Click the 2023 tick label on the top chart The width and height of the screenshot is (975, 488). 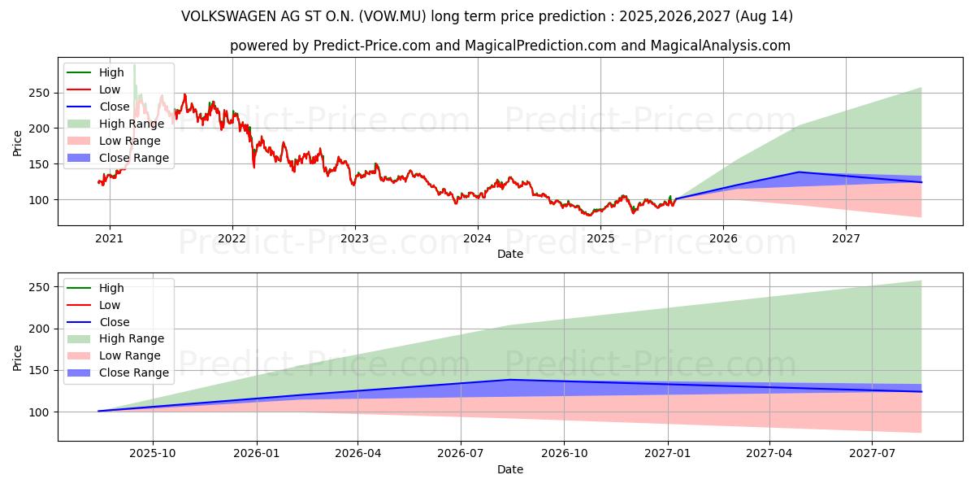(x=355, y=238)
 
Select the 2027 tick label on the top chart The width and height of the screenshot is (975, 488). (x=846, y=238)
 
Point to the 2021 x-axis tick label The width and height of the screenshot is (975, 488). (x=109, y=238)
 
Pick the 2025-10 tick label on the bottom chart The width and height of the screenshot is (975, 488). (x=153, y=454)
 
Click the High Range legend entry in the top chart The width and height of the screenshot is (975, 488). (x=131, y=124)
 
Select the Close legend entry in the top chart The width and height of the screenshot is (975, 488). (x=114, y=107)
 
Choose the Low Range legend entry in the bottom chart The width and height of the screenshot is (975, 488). (x=129, y=355)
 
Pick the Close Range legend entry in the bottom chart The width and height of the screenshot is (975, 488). (x=133, y=373)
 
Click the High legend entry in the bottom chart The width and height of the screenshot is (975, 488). (x=110, y=288)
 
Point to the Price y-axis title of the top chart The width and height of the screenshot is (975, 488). (x=18, y=142)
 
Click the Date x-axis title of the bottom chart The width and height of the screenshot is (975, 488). (x=509, y=469)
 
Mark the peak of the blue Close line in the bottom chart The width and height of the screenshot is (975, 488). (x=509, y=380)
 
